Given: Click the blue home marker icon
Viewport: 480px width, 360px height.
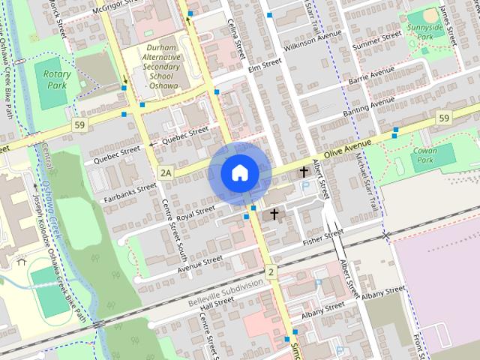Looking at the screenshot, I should pos(239,172).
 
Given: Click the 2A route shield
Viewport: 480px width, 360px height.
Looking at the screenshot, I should pos(166,173).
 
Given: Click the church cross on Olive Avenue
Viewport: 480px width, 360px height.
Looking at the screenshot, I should pos(304,172).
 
